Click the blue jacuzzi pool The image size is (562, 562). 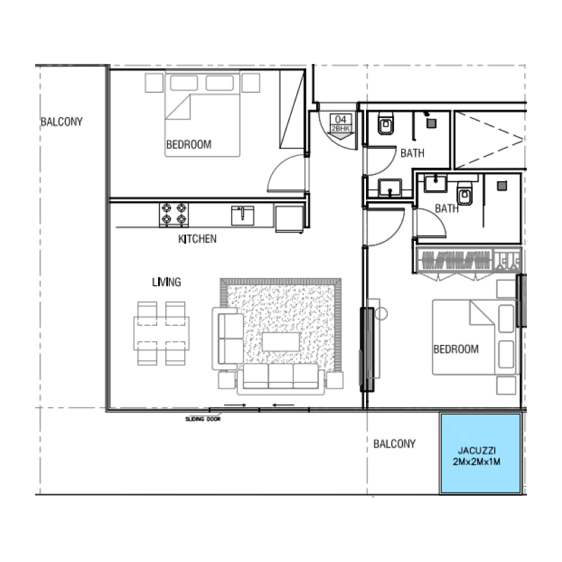coord(481,453)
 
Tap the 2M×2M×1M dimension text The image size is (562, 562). coord(481,462)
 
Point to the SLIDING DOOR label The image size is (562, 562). coord(203,419)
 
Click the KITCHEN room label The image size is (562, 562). coord(197,239)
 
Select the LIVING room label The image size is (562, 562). coord(166,282)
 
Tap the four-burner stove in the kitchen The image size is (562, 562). coord(174,214)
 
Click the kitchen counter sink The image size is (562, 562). coord(242,214)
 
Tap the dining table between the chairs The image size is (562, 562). coord(162,332)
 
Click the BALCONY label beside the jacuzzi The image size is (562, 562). coord(394,444)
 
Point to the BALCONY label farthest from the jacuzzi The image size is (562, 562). coord(61,122)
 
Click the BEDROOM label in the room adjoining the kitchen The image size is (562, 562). coord(188,145)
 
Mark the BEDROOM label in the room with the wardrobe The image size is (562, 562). coord(455,349)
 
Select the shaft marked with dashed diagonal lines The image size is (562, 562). coord(489,139)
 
